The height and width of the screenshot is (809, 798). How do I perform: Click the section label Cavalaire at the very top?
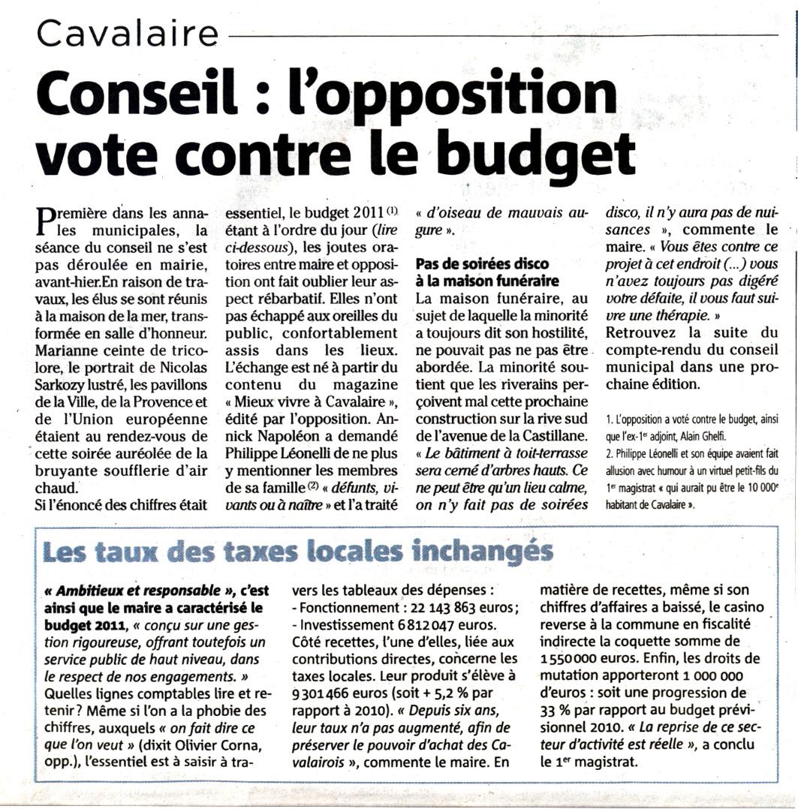(128, 33)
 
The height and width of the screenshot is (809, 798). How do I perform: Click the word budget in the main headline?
(537, 152)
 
